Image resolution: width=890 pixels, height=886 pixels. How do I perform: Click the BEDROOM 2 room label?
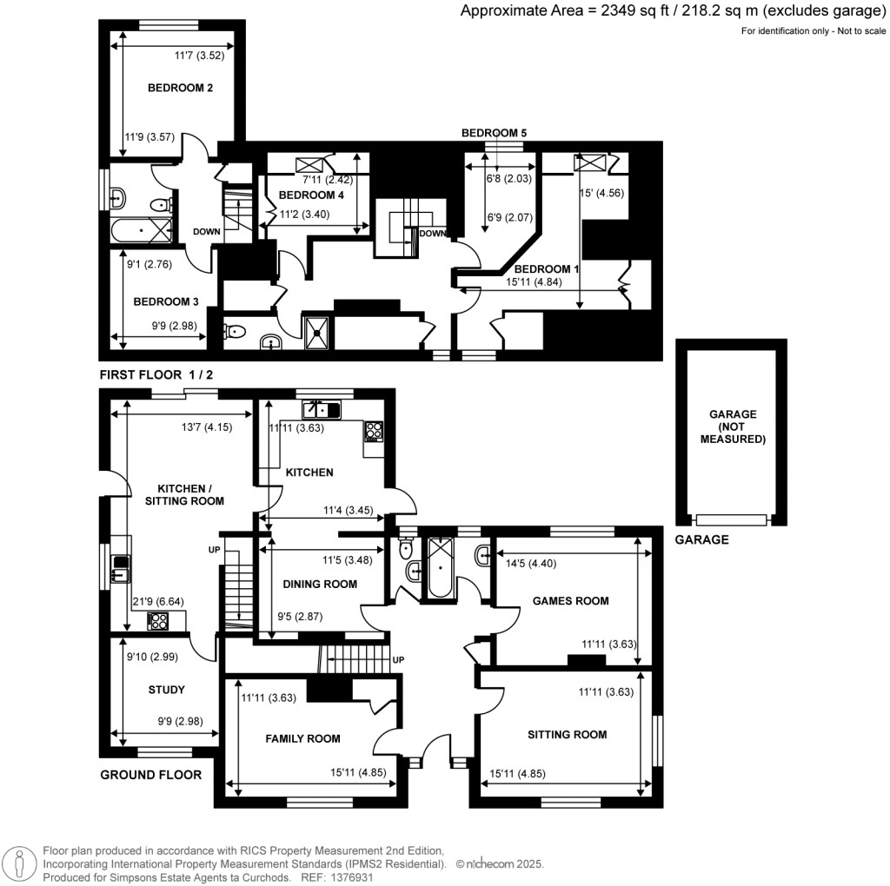180,88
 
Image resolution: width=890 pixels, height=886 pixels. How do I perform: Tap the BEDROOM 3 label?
166,301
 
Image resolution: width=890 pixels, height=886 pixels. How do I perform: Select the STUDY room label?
166,690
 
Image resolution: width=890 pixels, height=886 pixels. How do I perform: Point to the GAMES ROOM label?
570,600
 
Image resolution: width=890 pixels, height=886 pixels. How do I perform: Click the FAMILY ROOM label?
302,738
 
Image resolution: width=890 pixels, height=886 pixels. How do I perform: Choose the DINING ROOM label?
320,584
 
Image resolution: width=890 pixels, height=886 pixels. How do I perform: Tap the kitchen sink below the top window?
321,408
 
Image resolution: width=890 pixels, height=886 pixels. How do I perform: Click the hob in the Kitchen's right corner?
374,431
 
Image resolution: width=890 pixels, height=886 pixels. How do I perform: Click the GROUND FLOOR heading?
150,775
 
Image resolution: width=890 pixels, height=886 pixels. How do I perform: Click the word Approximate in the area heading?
501,10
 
